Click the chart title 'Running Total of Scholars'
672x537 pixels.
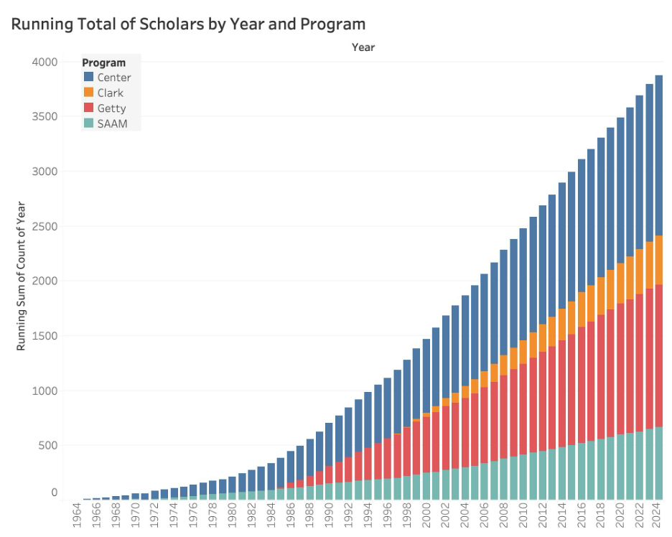point(188,24)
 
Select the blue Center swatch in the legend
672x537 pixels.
point(89,77)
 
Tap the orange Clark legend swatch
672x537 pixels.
point(89,93)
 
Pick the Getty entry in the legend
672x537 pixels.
point(111,108)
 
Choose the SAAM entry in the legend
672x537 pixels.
point(111,123)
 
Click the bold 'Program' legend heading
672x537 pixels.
point(104,62)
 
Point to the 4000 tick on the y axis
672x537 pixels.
point(45,62)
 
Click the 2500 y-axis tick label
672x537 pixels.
point(45,227)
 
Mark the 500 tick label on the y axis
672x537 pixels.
point(48,445)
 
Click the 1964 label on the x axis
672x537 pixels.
point(77,515)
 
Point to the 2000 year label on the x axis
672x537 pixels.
point(426,515)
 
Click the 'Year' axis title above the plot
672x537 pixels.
point(363,47)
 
